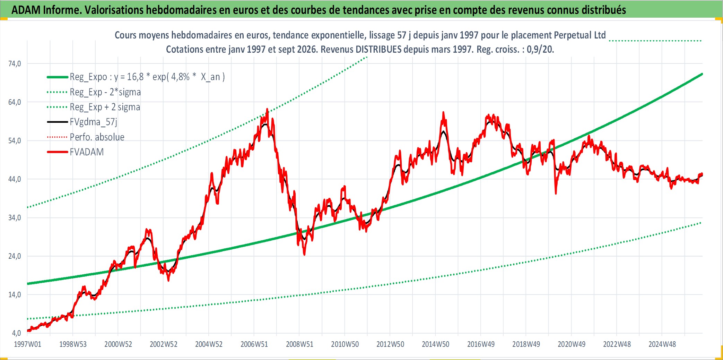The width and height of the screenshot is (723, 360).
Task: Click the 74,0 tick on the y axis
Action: tap(15, 63)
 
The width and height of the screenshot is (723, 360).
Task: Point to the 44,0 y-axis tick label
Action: tap(15, 179)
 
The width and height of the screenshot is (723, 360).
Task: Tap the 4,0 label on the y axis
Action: tap(16, 333)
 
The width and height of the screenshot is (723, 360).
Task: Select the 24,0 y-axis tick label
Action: tap(15, 256)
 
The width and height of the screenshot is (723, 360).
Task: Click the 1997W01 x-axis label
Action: tap(27, 344)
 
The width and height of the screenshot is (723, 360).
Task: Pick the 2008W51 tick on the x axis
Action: tap(299, 344)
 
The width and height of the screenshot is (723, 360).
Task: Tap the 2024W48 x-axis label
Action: tap(662, 344)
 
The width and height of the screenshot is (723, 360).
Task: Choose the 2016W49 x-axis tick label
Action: tap(481, 344)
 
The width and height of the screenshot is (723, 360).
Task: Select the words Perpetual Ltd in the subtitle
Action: tap(580, 35)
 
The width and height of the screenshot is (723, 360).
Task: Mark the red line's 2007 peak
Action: tap(267, 109)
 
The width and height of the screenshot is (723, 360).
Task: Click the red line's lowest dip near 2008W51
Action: tap(304, 255)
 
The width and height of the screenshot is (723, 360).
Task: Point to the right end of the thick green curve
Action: tap(702, 74)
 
